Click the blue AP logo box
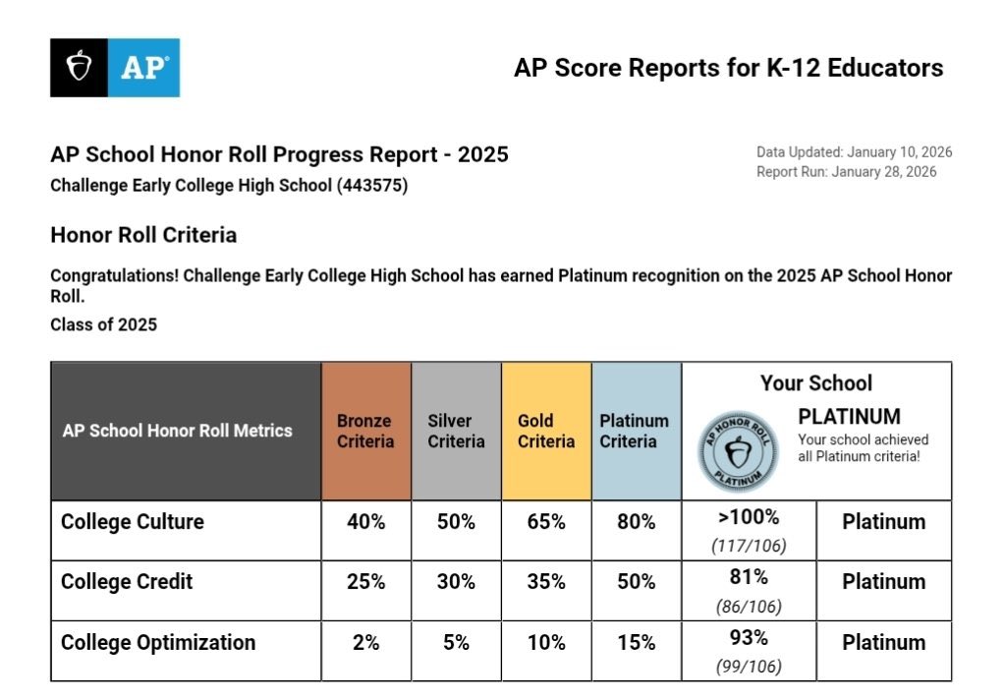click(x=143, y=67)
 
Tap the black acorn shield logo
click(x=79, y=67)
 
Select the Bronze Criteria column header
click(x=365, y=431)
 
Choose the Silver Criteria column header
click(x=456, y=431)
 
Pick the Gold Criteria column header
click(x=546, y=431)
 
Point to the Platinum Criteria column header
click(x=635, y=431)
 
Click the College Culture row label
click(x=133, y=522)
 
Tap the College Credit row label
click(x=127, y=582)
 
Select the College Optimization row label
click(x=158, y=643)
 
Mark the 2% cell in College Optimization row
click(x=365, y=643)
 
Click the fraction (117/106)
click(x=749, y=546)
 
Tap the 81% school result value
click(x=749, y=577)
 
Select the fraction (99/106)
click(x=749, y=667)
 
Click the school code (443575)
click(x=372, y=185)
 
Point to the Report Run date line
click(x=846, y=172)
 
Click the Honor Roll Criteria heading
click(x=143, y=236)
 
